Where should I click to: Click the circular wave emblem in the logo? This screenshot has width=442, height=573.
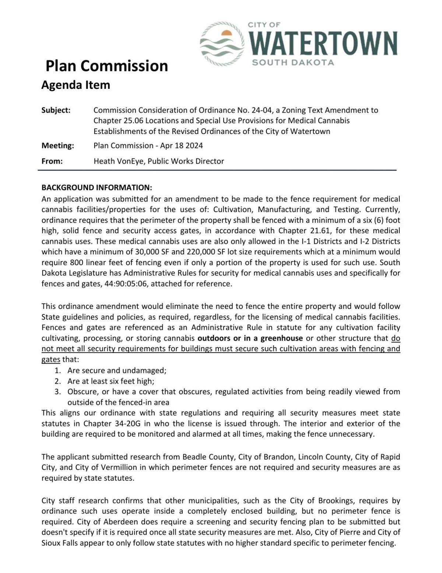[x=222, y=44]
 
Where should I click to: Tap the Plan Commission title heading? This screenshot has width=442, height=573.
[x=106, y=66]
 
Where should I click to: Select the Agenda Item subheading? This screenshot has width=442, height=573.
[x=76, y=85]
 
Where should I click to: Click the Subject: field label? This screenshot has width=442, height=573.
[x=56, y=110]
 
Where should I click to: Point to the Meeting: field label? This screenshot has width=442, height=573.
[x=58, y=146]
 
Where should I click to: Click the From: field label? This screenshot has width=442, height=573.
[x=52, y=161]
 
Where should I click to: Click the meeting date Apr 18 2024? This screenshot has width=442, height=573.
[x=181, y=146]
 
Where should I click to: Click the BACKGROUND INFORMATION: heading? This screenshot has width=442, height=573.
[x=97, y=188]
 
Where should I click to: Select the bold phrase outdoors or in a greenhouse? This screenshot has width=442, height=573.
[x=250, y=338]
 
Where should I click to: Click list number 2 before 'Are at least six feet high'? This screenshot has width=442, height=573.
[x=57, y=381]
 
